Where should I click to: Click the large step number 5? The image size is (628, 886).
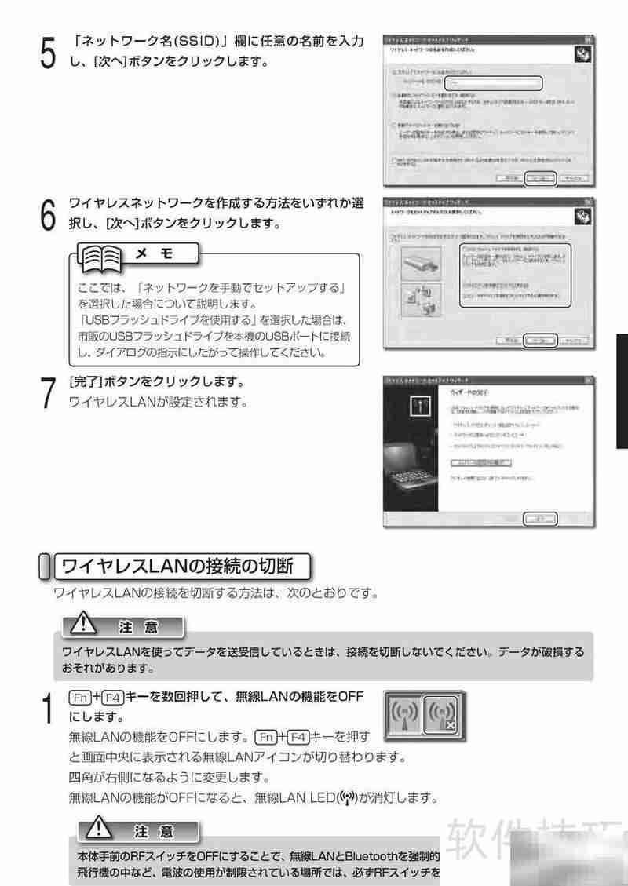pyautogui.click(x=48, y=55)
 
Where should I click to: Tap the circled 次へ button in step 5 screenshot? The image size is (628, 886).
pyautogui.click(x=539, y=177)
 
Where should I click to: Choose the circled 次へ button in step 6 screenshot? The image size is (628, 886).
pyautogui.click(x=539, y=341)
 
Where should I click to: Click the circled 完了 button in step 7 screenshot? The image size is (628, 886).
pyautogui.click(x=540, y=519)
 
